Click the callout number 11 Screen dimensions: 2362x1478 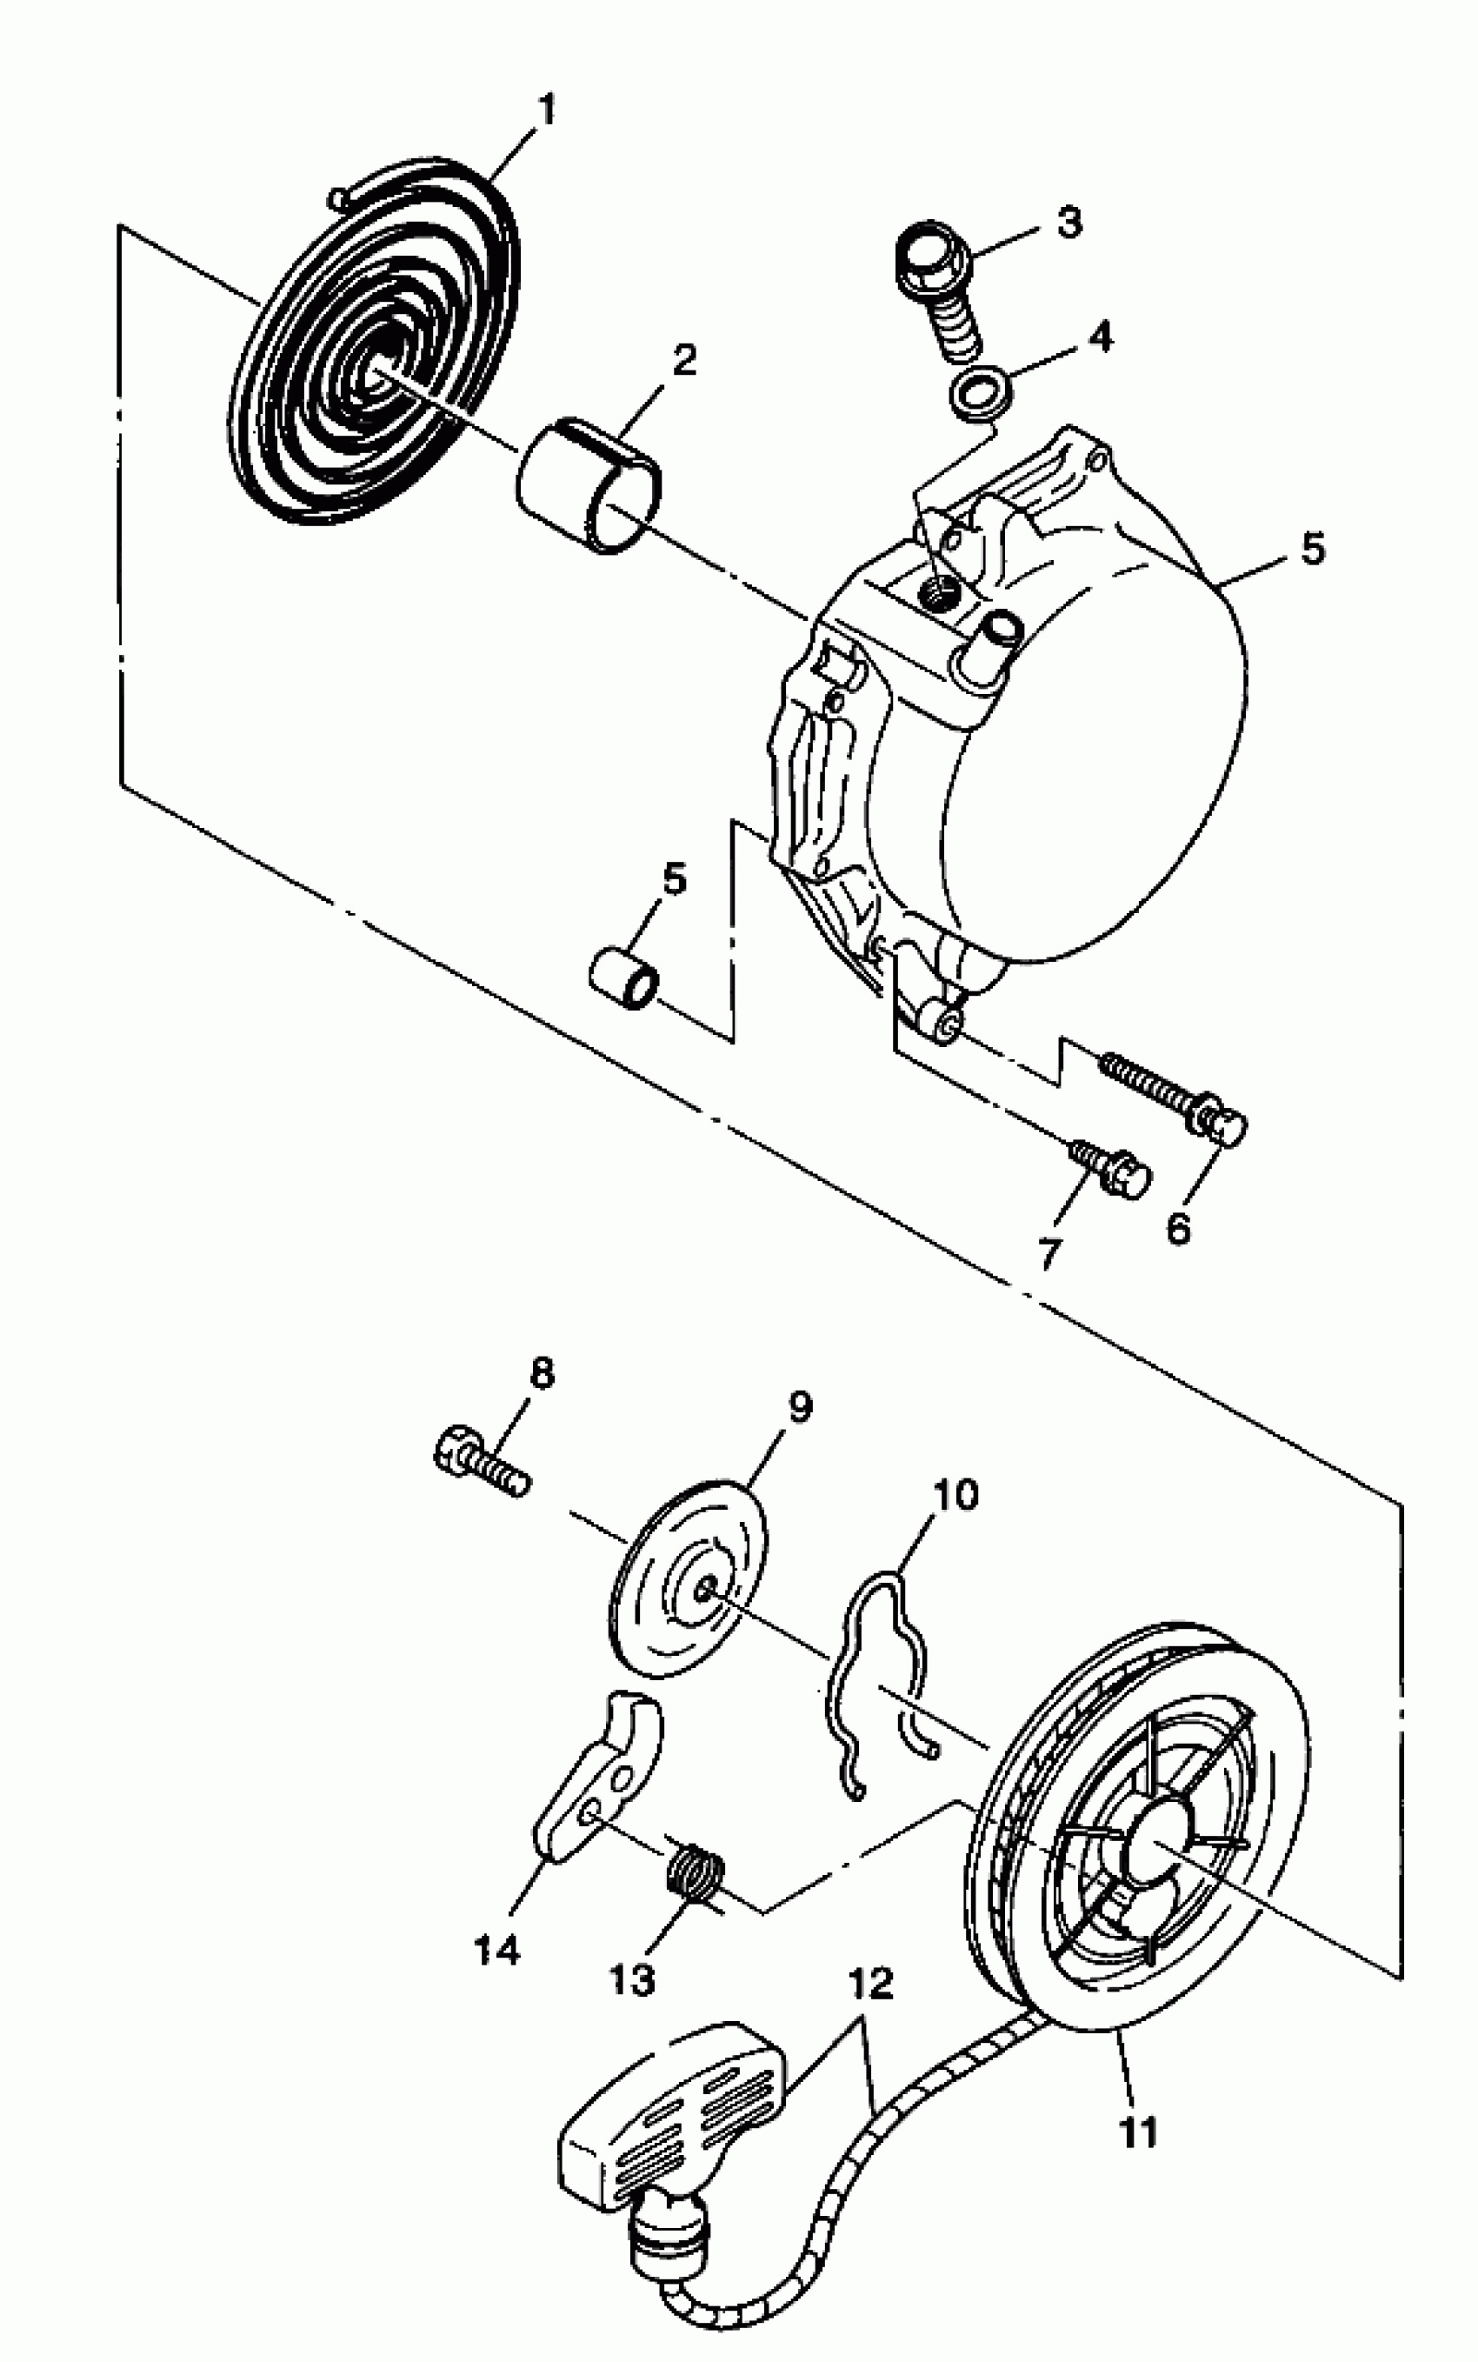point(1137,2132)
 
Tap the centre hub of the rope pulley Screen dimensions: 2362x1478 point(1157,1838)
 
